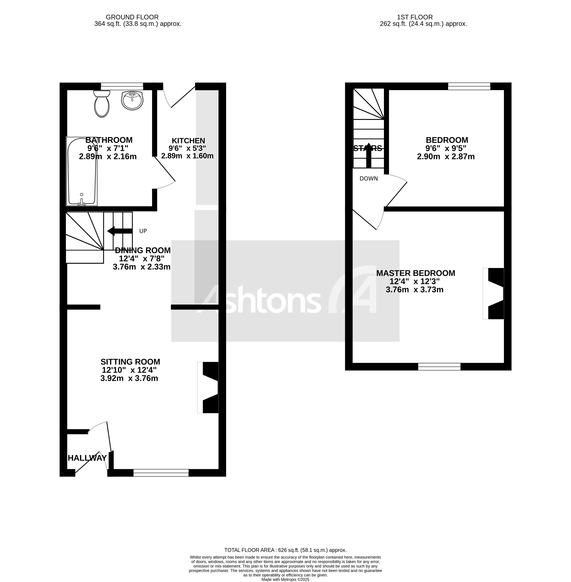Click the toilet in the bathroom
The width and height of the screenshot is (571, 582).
102,105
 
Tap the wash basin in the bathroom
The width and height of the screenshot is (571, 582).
132,100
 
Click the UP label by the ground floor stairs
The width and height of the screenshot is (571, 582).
143,231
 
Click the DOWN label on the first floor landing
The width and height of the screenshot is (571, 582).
369,179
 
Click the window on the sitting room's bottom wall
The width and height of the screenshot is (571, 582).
161,473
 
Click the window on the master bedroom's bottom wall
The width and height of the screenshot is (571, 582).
439,366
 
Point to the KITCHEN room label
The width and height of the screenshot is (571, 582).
188,141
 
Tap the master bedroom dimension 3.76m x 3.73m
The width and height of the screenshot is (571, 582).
414,290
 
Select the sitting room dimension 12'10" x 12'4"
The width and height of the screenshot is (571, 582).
129,370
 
